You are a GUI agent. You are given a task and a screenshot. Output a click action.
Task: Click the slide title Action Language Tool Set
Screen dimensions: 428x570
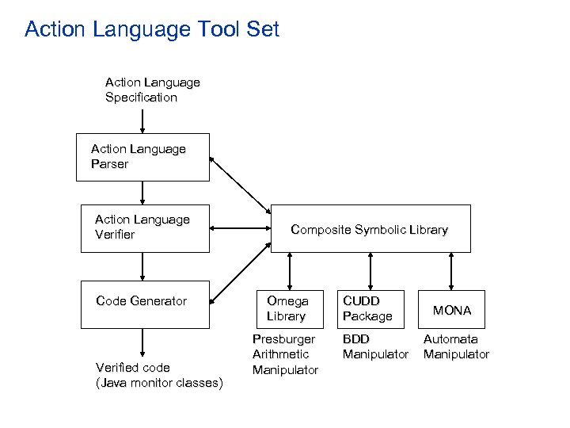click(x=152, y=30)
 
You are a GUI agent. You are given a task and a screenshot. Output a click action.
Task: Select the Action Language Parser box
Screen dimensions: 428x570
click(x=145, y=157)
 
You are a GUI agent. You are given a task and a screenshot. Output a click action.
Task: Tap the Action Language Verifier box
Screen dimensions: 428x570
click(x=145, y=228)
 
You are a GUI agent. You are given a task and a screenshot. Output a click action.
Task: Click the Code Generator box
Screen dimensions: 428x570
click(x=145, y=304)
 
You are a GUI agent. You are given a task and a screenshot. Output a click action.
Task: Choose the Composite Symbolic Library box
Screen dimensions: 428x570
click(x=370, y=229)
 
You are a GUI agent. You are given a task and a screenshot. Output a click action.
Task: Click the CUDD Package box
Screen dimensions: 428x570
click(x=370, y=308)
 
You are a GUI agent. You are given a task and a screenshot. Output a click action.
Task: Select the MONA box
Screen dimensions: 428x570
click(x=451, y=310)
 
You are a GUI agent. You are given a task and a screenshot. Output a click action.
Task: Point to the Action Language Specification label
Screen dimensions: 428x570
click(x=152, y=90)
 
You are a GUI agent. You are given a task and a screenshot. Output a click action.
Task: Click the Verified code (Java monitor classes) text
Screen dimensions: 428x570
click(x=158, y=375)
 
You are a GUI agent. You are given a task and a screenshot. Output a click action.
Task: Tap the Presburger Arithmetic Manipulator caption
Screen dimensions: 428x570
click(x=285, y=354)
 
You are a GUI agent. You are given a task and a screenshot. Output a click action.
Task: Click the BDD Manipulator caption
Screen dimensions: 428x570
click(x=375, y=346)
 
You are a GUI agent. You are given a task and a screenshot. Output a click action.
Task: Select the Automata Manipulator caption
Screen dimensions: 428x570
click(x=456, y=346)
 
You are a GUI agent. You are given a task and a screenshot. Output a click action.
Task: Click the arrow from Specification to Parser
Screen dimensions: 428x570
click(x=142, y=120)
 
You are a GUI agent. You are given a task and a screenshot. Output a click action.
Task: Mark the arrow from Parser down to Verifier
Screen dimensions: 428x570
click(x=142, y=193)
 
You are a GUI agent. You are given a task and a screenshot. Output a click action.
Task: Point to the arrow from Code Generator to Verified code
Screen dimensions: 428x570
click(x=142, y=342)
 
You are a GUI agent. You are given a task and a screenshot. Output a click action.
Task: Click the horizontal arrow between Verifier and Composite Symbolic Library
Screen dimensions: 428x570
click(x=240, y=228)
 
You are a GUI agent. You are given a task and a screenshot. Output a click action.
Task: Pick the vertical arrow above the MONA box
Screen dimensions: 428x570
click(x=451, y=270)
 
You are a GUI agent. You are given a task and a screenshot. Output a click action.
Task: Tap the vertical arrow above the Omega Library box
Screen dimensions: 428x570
click(x=291, y=270)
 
